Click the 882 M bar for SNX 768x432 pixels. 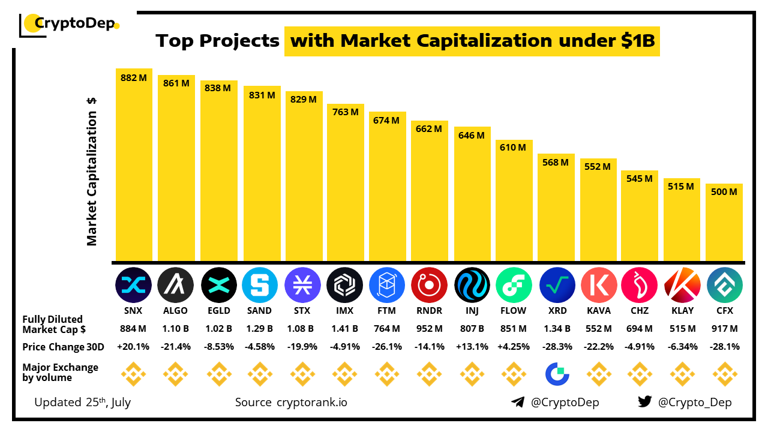click(134, 168)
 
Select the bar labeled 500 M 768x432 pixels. click(724, 225)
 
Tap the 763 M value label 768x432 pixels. click(345, 112)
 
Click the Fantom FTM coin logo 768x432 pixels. click(386, 284)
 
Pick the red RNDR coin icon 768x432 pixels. click(429, 284)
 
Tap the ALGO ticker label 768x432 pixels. click(175, 311)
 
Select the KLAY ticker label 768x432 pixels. click(682, 311)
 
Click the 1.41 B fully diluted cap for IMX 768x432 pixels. click(345, 328)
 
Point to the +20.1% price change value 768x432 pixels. click(133, 346)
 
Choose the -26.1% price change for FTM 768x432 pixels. click(386, 346)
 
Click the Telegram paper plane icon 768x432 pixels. click(518, 402)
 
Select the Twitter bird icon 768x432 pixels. click(644, 402)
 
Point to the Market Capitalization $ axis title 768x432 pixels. click(92, 171)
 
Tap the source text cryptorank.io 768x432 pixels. click(311, 402)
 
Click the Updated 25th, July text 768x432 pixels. click(82, 402)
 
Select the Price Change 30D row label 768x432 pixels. click(63, 346)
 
